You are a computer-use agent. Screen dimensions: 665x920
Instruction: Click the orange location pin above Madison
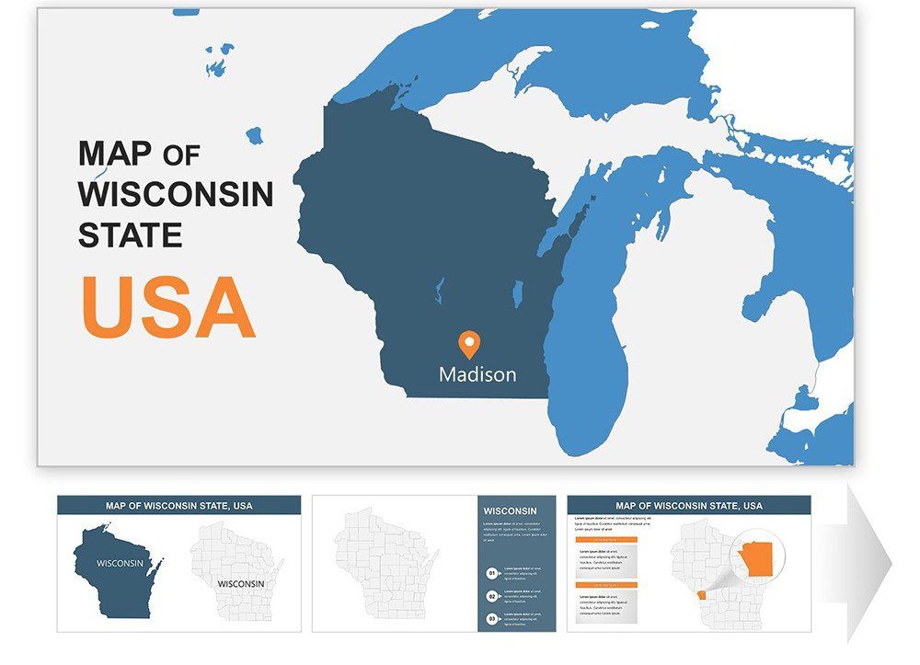coord(469,345)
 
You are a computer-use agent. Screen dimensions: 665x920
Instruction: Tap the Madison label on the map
coord(477,375)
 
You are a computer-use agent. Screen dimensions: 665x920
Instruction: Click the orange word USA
coord(167,307)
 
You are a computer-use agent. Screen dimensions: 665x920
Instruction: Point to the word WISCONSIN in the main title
coord(176,194)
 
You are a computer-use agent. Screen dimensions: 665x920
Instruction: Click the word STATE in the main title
coord(130,235)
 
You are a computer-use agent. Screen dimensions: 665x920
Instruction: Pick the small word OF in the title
coord(181,155)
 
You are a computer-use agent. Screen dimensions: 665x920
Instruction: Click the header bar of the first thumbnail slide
coord(178,505)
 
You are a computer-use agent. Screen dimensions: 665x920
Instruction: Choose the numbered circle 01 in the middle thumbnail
coord(492,573)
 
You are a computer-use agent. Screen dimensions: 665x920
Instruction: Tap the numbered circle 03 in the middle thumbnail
coord(492,618)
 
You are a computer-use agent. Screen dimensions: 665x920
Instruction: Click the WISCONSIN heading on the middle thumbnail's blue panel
coord(510,511)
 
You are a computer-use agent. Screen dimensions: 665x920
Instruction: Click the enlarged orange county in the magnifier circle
coord(757,557)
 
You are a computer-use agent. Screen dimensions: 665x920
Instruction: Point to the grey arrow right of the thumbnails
coord(868,561)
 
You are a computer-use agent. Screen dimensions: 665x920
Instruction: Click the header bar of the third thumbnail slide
coord(689,505)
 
